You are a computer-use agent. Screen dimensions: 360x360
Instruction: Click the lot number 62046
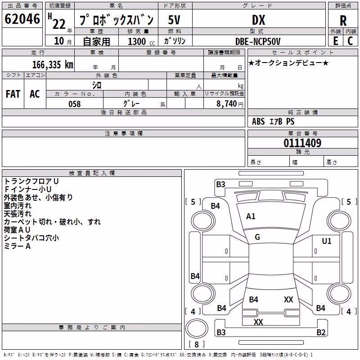(22, 19)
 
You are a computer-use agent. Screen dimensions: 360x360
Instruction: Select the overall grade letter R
(343, 21)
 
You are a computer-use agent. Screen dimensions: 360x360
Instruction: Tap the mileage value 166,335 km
(53, 64)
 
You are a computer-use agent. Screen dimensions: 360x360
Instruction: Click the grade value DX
(258, 20)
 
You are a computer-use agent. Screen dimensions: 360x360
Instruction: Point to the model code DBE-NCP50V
(258, 41)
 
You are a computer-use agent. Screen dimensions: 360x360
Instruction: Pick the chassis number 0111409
(302, 143)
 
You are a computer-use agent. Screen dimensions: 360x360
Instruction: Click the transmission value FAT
(13, 94)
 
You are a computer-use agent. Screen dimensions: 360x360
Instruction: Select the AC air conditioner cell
(35, 94)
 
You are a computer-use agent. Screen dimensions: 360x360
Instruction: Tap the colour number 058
(75, 104)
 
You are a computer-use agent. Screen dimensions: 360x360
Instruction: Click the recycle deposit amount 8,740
(227, 103)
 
